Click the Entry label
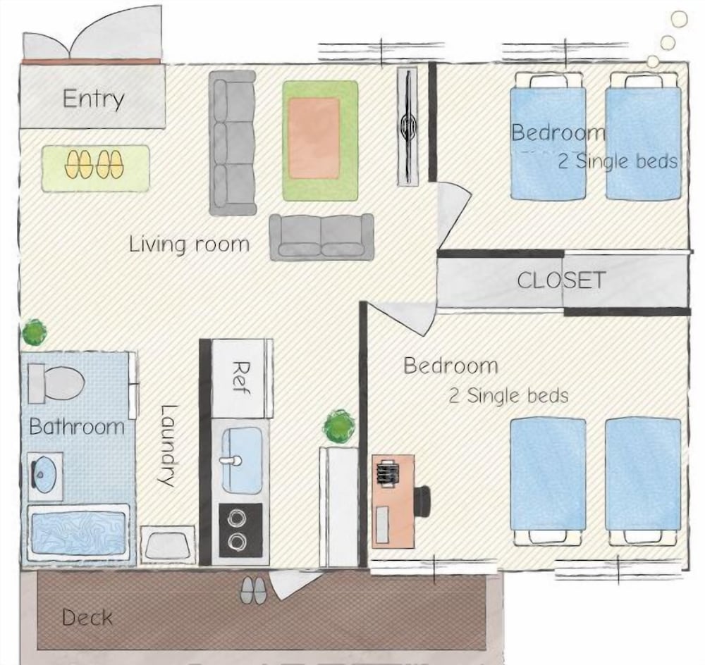(93, 99)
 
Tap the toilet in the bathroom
(56, 384)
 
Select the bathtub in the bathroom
(78, 533)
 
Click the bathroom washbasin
(44, 475)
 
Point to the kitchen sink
(242, 460)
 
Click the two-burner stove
(240, 530)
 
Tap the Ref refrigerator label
(242, 378)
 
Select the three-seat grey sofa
(233, 143)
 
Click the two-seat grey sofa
(321, 237)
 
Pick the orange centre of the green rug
(314, 138)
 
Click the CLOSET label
(560, 280)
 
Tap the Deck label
(87, 617)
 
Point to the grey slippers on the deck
(253, 590)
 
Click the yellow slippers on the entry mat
(94, 164)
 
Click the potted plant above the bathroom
(34, 332)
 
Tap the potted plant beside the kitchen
(339, 427)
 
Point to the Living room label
(189, 244)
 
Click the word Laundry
(169, 446)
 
